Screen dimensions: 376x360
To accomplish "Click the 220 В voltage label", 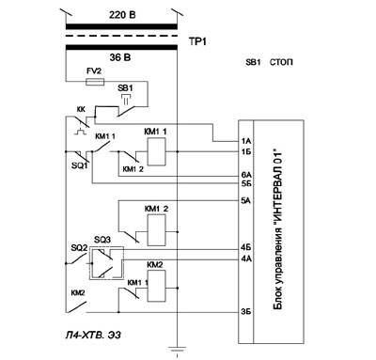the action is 122,15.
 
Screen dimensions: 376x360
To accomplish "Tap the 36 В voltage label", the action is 120,57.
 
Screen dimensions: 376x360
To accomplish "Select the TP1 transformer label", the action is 197,41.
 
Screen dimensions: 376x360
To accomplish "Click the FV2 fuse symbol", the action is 95,82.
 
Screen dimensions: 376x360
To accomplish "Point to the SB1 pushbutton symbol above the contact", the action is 126,98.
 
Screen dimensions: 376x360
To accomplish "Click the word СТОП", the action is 281,62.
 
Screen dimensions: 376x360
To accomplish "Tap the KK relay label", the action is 81,109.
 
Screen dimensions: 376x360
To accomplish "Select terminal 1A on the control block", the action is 246,142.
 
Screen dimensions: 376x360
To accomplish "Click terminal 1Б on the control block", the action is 246,152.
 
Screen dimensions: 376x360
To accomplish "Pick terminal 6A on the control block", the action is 246,176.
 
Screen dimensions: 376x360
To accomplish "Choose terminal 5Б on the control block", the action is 246,183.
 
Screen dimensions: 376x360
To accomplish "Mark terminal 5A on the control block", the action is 246,200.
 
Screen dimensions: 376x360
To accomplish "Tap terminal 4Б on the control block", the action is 246,248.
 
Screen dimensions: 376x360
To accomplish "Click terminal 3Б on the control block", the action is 246,312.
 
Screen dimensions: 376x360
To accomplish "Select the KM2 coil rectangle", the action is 157,286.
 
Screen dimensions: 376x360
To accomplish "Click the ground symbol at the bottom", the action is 178,350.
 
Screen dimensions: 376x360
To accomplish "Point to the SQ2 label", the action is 79,248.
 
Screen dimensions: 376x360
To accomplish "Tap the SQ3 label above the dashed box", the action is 102,240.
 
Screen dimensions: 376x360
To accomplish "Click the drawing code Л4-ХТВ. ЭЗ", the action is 93,335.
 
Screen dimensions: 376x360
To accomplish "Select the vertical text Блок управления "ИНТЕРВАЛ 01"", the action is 278,230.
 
